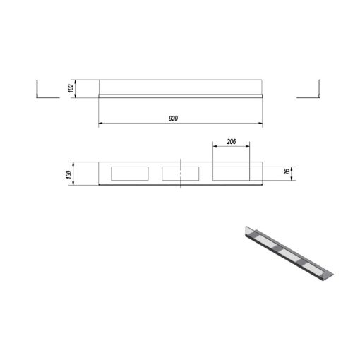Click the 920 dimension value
tap(173, 119)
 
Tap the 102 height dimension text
tap(71, 88)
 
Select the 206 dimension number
tap(232, 142)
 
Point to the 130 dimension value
tap(69, 174)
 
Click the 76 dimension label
tap(287, 172)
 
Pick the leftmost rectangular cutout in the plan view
tap(130, 174)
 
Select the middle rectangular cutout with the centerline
tap(181, 174)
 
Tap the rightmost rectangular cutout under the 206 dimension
tap(231, 174)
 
